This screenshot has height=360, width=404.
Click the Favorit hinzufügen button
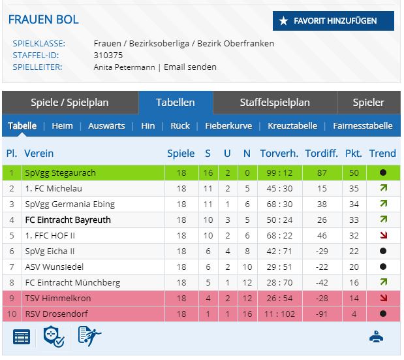click(x=334, y=21)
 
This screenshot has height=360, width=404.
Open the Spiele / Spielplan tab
click(x=70, y=103)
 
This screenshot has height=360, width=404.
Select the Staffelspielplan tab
click(x=275, y=103)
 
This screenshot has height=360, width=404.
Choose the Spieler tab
click(x=368, y=103)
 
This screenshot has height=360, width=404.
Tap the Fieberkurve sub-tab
click(x=228, y=126)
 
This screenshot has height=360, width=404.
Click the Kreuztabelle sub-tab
click(x=292, y=126)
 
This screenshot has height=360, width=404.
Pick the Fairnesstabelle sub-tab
click(x=363, y=126)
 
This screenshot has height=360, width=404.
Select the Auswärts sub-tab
click(x=106, y=126)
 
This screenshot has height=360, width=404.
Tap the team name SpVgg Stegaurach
click(x=59, y=172)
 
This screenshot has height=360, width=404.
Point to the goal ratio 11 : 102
click(x=279, y=314)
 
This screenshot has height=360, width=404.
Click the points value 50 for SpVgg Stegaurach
click(x=353, y=172)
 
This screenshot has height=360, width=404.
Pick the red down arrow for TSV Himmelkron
click(x=382, y=298)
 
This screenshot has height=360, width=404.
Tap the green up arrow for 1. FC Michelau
click(x=382, y=188)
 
